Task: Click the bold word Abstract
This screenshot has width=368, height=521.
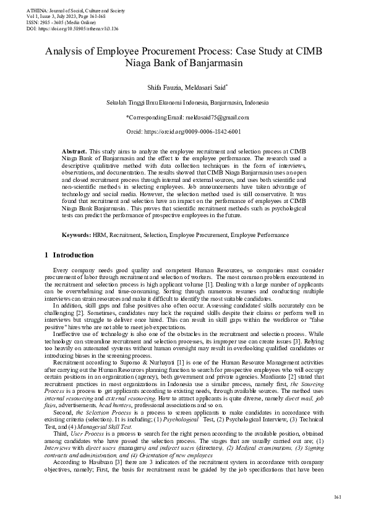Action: [74, 151]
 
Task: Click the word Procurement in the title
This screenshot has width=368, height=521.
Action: [171, 51]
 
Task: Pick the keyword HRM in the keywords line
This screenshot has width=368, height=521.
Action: [100, 218]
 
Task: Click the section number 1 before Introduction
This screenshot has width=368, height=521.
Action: [47, 254]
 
